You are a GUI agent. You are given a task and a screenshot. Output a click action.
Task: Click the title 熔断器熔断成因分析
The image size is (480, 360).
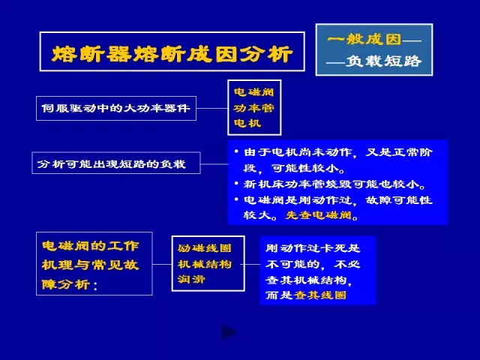(x=172, y=54)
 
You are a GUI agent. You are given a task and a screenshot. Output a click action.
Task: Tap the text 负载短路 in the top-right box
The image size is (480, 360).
(x=383, y=61)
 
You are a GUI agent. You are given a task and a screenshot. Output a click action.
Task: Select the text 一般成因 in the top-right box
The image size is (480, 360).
(x=364, y=39)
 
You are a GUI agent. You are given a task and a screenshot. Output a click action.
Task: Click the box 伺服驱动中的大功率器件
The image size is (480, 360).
(x=116, y=108)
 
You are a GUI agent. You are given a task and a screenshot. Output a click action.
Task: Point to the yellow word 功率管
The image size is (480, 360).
(x=253, y=108)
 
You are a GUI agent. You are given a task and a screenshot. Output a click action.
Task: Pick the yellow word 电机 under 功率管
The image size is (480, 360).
(x=247, y=123)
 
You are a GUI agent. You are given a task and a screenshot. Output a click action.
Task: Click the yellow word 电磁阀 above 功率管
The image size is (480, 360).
(x=253, y=91)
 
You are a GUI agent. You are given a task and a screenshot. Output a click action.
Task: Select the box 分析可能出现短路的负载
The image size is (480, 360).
(x=116, y=163)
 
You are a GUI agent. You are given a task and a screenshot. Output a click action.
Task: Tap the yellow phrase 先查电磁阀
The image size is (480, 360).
(x=318, y=215)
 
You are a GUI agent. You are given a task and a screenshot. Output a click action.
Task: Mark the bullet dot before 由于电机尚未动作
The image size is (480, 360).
(x=236, y=151)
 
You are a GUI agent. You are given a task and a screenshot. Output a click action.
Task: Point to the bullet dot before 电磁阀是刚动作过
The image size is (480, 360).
(x=236, y=199)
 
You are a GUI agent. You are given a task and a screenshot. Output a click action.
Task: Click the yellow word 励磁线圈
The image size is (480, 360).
(x=205, y=248)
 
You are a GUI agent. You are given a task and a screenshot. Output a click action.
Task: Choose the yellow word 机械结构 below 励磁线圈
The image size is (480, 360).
(x=205, y=264)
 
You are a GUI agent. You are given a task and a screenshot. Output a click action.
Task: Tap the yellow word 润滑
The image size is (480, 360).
(x=191, y=279)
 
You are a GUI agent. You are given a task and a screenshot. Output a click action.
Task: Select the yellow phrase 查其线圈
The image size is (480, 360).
(x=320, y=295)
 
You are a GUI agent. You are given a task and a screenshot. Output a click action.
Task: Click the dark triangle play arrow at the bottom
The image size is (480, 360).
(x=229, y=332)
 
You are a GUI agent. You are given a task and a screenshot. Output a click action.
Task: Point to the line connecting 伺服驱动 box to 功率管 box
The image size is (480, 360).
(x=211, y=108)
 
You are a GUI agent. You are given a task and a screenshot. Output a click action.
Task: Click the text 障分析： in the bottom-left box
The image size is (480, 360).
(x=70, y=285)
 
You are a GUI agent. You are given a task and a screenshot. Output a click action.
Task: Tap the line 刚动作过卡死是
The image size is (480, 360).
(x=313, y=248)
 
